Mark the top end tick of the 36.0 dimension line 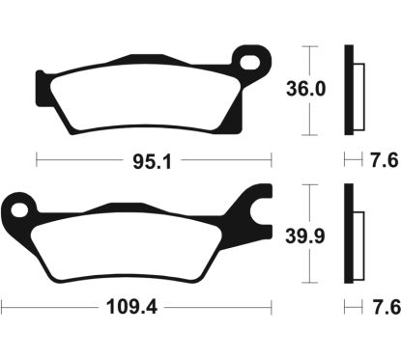point(308,44)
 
